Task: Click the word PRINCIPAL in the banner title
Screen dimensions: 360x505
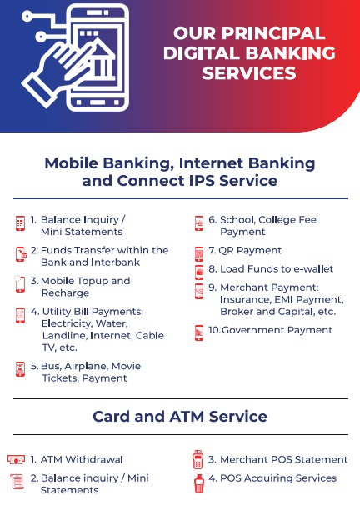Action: click(273, 33)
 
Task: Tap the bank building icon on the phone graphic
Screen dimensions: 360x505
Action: click(102, 61)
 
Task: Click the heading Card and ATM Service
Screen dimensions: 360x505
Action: click(180, 416)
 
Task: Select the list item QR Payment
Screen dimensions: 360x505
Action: click(245, 250)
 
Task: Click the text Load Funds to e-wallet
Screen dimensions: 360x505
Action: click(271, 268)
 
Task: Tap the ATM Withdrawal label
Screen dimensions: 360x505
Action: click(77, 459)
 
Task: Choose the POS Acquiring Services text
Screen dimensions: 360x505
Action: click(272, 478)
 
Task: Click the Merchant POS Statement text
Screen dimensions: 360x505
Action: click(278, 459)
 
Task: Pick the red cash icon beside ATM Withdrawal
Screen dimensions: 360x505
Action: click(16, 459)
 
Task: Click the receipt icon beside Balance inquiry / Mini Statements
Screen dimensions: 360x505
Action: click(17, 482)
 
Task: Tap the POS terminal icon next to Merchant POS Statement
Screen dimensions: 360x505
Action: click(197, 460)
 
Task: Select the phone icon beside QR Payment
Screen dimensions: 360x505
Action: click(199, 254)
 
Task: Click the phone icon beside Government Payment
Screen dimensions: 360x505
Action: click(199, 333)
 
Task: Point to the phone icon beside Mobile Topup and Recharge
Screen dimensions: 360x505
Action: click(20, 283)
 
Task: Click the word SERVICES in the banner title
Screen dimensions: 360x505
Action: click(249, 73)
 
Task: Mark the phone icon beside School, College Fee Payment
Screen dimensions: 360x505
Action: click(199, 223)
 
